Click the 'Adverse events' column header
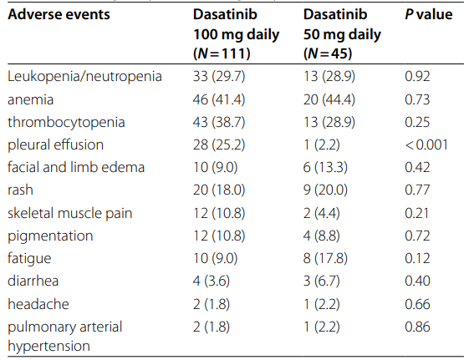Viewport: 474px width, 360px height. [59, 14]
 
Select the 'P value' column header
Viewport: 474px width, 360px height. [429, 14]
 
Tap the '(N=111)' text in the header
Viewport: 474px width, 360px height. [222, 53]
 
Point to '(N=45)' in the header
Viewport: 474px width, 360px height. [328, 53]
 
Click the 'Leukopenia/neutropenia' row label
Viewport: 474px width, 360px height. [84, 76]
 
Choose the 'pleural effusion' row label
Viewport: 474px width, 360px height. [56, 145]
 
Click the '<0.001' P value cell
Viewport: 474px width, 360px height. [426, 145]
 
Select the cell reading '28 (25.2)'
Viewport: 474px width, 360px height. [219, 145]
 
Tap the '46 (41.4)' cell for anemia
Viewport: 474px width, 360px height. [219, 99]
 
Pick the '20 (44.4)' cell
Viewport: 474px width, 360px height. [329, 99]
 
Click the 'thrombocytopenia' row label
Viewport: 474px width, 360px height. [66, 122]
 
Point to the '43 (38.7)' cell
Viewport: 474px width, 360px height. [219, 122]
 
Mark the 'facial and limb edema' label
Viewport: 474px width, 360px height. [76, 167]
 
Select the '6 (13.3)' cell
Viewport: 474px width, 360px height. [325, 167]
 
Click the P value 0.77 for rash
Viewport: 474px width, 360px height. [417, 190]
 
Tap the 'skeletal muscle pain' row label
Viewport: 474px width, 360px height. [70, 213]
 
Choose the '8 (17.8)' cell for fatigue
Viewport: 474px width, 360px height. [325, 258]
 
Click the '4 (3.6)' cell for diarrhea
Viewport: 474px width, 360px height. [212, 281]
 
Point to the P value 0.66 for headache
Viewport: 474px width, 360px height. [417, 304]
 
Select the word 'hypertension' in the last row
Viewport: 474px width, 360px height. [48, 346]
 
